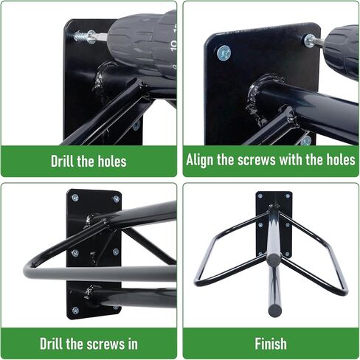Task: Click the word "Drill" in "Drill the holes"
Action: tap(64, 162)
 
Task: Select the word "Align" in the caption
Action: tap(201, 160)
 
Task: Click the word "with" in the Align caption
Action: tap(291, 160)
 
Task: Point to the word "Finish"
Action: tap(271, 344)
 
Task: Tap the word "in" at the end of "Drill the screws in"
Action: tap(131, 344)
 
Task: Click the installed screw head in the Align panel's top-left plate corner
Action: tap(224, 52)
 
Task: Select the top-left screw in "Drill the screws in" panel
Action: tap(74, 198)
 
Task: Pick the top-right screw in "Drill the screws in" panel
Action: tap(116, 198)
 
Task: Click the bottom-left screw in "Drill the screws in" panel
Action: tap(74, 310)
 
